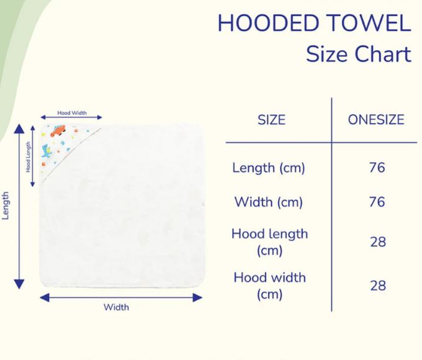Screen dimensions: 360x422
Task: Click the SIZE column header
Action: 271,120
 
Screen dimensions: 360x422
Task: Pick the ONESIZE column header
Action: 376,120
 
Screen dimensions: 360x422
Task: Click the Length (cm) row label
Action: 269,168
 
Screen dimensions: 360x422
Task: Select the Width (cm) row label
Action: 269,202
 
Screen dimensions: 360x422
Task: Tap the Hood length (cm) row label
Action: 269,242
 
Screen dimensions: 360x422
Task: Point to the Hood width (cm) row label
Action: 269,286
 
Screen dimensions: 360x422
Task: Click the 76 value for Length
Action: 377,168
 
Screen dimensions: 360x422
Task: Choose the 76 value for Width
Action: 377,202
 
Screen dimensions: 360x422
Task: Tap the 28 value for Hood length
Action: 378,242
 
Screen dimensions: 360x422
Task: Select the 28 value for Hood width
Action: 378,286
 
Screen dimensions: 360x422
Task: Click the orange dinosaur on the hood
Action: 58,130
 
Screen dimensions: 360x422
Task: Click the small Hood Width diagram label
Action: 72,113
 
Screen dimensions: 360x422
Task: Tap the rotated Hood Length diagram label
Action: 28,156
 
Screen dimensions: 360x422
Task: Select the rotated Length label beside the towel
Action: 6,205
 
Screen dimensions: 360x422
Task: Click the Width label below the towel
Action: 116,307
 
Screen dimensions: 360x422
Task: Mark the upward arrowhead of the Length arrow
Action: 19,128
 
